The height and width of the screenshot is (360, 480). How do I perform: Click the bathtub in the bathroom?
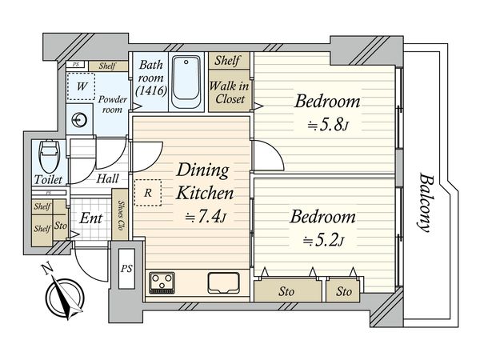186,82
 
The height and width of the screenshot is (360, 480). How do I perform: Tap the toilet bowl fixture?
49,156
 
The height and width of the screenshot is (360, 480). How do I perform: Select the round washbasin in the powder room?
79,120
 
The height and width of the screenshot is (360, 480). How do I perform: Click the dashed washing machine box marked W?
81,86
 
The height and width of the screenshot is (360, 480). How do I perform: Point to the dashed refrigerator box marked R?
148,193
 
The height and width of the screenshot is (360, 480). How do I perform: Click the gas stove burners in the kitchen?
162,283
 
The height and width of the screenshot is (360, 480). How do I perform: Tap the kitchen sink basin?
223,282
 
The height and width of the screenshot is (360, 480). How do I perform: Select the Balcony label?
426,203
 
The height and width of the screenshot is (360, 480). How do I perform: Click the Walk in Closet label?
230,93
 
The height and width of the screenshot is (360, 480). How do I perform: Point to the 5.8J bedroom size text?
328,125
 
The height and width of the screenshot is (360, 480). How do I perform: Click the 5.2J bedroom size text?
324,241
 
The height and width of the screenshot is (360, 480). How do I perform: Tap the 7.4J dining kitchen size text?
206,217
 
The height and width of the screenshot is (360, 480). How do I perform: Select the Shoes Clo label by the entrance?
121,215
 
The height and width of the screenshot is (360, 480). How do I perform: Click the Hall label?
107,178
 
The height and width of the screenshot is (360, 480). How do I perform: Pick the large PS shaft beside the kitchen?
126,269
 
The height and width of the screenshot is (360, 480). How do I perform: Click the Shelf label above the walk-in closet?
227,60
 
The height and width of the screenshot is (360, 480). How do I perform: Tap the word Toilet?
48,179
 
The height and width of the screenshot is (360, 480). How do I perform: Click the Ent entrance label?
90,218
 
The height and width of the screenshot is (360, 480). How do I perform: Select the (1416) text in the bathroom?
151,90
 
